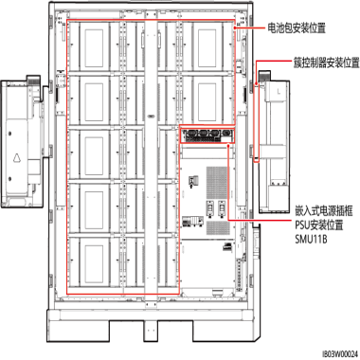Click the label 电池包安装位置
click(297, 28)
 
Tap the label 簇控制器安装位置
click(327, 63)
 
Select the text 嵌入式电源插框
click(324, 210)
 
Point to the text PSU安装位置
click(319, 225)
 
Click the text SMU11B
click(311, 239)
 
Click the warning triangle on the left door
click(17, 157)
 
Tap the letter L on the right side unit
click(279, 92)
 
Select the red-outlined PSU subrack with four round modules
click(207, 135)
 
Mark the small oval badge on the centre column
click(151, 116)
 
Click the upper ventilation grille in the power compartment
click(217, 183)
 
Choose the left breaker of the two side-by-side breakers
click(209, 208)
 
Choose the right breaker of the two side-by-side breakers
click(222, 208)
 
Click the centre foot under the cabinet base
click(151, 331)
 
